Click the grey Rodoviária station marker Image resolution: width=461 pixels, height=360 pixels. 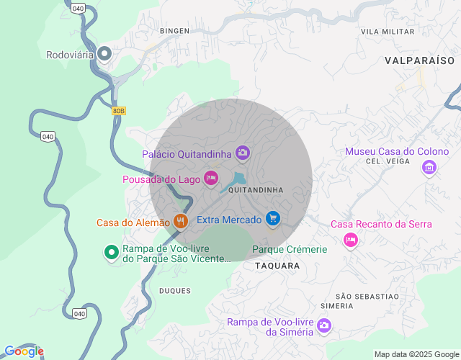point(105,53)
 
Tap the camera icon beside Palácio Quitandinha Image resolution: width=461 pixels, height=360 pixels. point(243,153)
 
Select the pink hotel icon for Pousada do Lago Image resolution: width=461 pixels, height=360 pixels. point(210,178)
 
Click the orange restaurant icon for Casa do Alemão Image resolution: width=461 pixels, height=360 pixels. point(181,222)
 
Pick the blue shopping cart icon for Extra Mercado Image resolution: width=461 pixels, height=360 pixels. point(272,218)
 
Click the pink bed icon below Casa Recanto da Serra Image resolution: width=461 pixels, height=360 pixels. point(351,239)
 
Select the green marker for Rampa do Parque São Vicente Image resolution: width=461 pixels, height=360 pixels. point(112,253)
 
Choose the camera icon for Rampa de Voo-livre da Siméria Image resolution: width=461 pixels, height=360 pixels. point(324,326)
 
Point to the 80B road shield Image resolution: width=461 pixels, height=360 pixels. point(119,111)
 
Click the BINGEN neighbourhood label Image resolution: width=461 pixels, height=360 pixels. point(174,31)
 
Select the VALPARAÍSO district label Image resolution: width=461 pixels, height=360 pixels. point(420,61)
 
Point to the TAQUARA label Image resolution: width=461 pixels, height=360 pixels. point(277,266)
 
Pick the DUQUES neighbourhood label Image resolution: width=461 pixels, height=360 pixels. point(175,291)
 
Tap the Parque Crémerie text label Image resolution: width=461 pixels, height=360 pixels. point(290,249)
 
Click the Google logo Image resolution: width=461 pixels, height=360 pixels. point(24,351)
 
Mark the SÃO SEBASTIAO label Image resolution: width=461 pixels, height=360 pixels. point(367,297)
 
